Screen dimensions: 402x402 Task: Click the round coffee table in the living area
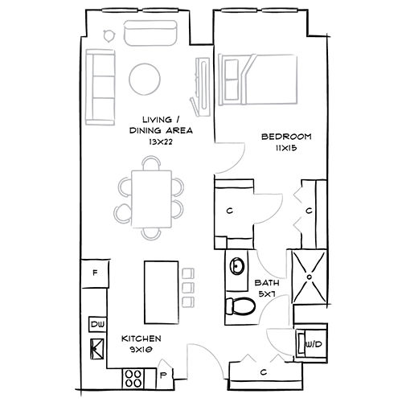[146, 79]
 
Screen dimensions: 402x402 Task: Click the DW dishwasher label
[97, 324]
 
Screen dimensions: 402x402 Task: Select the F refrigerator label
[95, 273]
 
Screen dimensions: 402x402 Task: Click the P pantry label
[163, 375]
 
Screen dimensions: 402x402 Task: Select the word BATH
[267, 283]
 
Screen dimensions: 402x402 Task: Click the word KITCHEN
[141, 338]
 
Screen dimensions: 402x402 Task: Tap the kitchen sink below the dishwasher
[96, 347]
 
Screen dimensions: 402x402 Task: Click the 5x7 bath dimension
[267, 294]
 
